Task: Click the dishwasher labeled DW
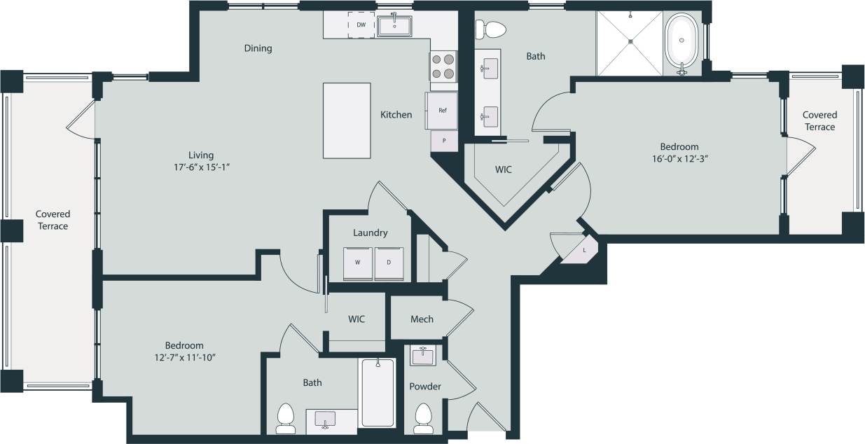tap(361, 25)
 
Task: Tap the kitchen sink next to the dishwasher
tap(394, 26)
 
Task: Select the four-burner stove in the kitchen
tap(443, 67)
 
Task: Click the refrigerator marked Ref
tap(442, 111)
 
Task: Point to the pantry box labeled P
tap(443, 141)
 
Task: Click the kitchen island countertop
tap(347, 120)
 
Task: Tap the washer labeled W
tap(357, 263)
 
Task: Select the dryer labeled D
tap(389, 263)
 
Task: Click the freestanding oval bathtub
tap(681, 42)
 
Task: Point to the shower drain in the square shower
tap(630, 41)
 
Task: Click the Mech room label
tap(422, 319)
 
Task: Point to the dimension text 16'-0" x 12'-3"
tap(679, 159)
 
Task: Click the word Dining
tap(258, 48)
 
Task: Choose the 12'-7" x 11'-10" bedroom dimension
tap(184, 358)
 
